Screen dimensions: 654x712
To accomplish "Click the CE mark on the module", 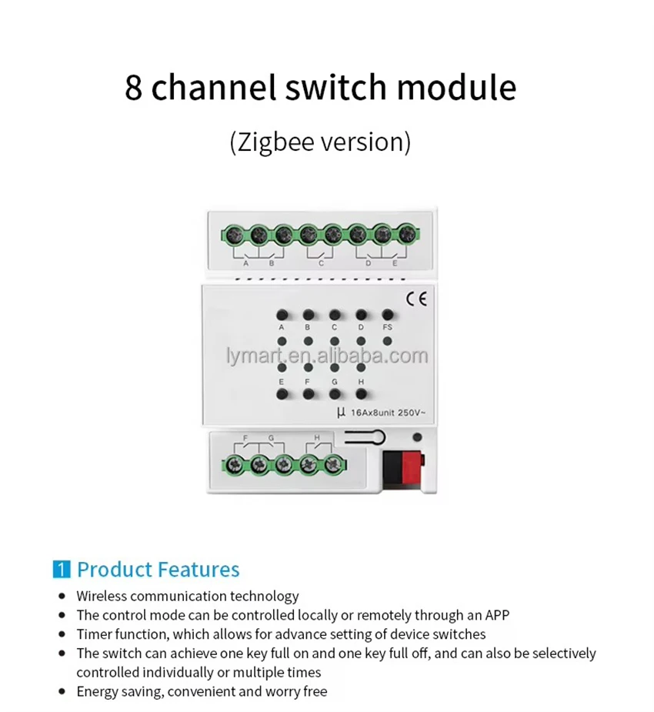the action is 416,299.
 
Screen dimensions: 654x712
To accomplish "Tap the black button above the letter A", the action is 282,315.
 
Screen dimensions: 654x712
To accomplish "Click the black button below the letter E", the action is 282,393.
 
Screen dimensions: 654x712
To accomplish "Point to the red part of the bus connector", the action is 411,467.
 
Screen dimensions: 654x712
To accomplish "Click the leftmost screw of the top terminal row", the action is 233,235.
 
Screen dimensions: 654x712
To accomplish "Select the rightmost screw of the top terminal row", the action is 407,234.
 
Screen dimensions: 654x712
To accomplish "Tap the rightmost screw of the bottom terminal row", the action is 334,464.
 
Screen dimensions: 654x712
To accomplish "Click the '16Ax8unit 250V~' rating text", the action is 389,413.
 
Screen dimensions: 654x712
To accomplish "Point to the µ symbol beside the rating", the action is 341,413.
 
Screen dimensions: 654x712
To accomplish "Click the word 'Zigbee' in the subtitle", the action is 276,142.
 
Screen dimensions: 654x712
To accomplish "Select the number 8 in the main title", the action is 133,88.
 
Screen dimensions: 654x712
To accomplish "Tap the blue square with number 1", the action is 62,570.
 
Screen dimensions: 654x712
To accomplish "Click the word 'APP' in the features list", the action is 497,615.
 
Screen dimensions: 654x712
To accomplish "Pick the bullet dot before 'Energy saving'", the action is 62,691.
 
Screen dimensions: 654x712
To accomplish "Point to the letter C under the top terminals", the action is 321,263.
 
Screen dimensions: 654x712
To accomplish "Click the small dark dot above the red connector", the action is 417,437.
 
